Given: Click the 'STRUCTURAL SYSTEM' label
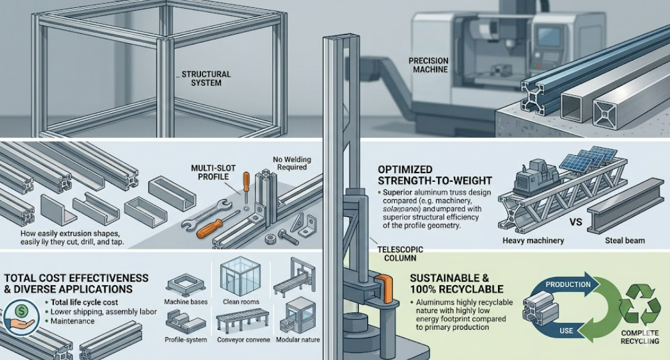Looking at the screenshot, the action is [x=206, y=79].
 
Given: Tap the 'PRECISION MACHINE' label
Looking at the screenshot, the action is [x=428, y=65].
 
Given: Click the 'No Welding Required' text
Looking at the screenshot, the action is [x=292, y=163].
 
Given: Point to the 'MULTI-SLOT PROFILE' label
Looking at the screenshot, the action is [x=213, y=173].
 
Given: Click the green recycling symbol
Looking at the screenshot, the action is [x=640, y=305].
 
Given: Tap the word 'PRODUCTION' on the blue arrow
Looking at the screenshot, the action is [x=568, y=285].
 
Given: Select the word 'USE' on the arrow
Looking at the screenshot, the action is [x=565, y=330].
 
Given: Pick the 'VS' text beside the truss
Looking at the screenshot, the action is [x=576, y=223].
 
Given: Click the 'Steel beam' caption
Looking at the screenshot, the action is [x=625, y=241].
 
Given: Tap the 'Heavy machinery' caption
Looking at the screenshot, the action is [x=533, y=241].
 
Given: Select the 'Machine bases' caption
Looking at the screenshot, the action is [x=186, y=302].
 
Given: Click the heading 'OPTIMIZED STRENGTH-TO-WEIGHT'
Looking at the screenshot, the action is [x=434, y=175].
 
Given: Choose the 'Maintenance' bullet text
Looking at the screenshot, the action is [x=72, y=321].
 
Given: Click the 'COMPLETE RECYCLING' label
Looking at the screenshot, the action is [x=640, y=337].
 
